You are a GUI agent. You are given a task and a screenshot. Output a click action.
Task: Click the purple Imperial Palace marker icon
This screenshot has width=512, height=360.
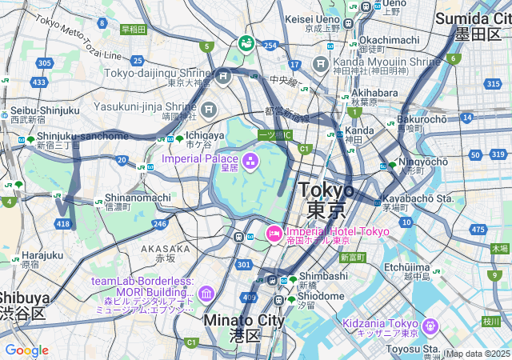click(x=250, y=162)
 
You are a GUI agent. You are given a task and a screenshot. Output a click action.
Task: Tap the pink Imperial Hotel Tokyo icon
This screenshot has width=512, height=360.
click(x=274, y=234)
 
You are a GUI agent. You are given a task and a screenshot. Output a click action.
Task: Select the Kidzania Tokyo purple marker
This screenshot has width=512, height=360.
click(x=430, y=326)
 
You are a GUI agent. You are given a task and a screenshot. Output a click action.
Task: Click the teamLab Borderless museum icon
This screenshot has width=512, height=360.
click(x=206, y=294)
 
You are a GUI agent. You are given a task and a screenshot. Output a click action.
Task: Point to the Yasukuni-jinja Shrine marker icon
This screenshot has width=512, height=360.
click(x=209, y=109)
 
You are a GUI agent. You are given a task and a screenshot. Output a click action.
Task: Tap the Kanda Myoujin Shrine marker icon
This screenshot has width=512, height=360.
click(x=322, y=63)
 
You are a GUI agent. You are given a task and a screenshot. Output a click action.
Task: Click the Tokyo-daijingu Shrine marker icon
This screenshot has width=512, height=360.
click(x=223, y=76)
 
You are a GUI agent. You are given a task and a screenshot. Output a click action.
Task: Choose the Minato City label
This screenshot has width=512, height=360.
click(x=244, y=320)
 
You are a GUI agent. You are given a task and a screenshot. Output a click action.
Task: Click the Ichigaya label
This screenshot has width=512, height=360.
click(x=198, y=135)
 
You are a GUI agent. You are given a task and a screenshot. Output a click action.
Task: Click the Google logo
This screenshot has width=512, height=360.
click(x=26, y=350)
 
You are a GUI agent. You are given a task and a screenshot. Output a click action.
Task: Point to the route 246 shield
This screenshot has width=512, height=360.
click(x=160, y=225)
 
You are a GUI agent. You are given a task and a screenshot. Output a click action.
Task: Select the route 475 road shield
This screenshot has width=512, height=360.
click(x=478, y=230)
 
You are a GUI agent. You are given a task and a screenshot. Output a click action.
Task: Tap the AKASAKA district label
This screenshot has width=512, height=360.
click(x=166, y=249)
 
